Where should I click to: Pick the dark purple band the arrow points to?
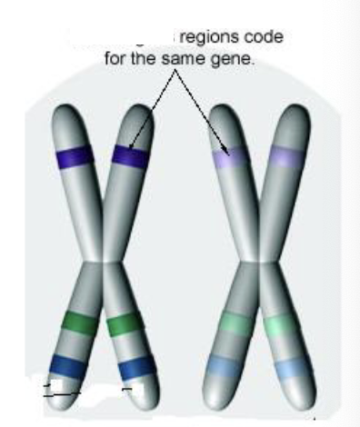pos(129,155)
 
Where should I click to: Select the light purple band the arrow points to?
pos(230,156)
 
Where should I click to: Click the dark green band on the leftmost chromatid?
pos(78,320)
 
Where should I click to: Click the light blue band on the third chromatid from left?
pos(224,366)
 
